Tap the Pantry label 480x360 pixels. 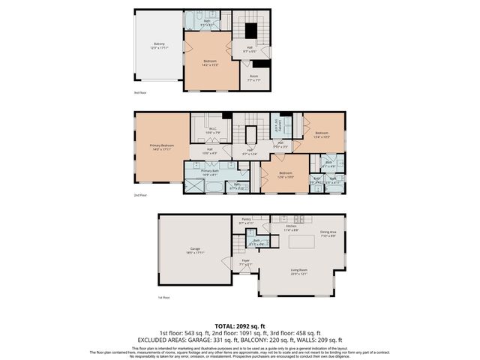pos(246,220)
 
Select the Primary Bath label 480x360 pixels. pos(209,172)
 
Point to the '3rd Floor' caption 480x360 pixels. pos(140,92)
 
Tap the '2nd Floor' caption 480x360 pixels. pos(141,195)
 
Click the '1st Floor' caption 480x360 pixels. pos(164,298)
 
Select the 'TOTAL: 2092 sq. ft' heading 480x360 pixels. pos(240,325)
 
